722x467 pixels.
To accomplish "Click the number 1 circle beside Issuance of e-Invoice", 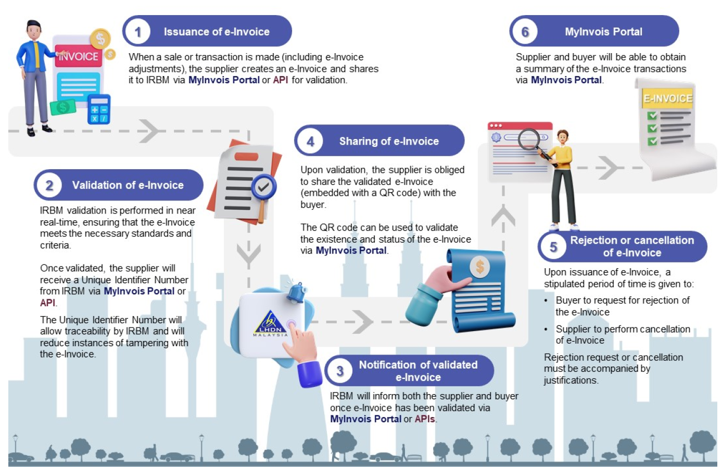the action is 138,32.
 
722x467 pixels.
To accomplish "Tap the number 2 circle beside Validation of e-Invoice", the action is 49,185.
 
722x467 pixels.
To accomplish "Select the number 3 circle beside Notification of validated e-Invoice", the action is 340,371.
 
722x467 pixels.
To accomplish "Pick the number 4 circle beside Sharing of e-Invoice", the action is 310,141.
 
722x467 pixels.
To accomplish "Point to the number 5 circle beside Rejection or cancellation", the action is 553,247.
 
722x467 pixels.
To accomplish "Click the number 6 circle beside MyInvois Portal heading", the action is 525,32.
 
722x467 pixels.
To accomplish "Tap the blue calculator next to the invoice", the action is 99,109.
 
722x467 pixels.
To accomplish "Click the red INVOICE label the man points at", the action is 79,56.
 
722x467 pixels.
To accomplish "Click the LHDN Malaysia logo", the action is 270,323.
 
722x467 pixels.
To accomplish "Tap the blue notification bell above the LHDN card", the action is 297,292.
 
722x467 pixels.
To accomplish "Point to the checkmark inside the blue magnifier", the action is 264,186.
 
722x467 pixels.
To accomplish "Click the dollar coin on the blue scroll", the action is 480,267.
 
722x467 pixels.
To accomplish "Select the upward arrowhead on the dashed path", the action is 503,216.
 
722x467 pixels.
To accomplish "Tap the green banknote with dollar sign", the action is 63,107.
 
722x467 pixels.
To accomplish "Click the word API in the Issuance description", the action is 281,80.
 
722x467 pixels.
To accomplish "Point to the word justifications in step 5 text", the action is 571,380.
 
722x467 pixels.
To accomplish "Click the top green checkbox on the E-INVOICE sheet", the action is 652,115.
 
